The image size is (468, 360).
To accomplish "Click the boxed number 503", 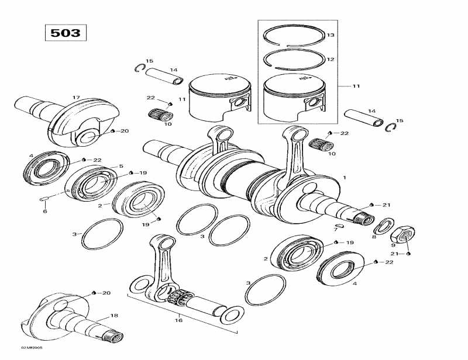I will [66, 33].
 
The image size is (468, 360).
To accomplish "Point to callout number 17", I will [76, 97].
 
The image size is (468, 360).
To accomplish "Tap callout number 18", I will [114, 316].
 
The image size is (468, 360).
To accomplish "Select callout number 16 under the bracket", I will [179, 320].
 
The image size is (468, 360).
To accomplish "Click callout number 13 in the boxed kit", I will [330, 36].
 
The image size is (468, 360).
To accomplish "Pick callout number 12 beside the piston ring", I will [330, 60].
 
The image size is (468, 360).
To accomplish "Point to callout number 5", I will [121, 167].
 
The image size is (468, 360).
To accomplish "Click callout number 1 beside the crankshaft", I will [345, 177].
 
